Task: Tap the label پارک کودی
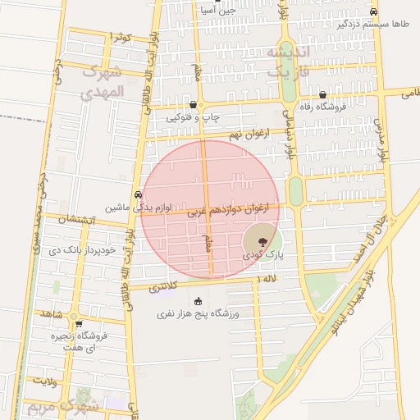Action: point(262,256)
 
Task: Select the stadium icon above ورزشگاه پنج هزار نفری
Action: point(197,302)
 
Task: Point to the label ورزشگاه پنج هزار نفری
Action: point(197,314)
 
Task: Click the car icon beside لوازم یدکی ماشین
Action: point(138,194)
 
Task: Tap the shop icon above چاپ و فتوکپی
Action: point(193,105)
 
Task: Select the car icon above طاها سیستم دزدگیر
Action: point(373,12)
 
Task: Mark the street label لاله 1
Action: point(267,281)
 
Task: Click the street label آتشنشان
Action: point(80,220)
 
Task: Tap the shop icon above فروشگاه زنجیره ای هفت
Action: point(78,324)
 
